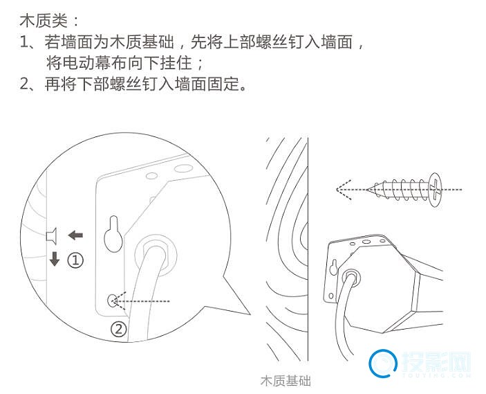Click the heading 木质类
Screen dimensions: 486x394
pyautogui.click(x=44, y=21)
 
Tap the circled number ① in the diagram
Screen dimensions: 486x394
pyautogui.click(x=75, y=260)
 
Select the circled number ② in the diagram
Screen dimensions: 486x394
pyautogui.click(x=119, y=329)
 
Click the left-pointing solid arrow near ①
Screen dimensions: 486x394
pyautogui.click(x=75, y=235)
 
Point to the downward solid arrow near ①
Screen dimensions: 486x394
pyautogui.click(x=55, y=259)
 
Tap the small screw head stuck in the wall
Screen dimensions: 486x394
pyautogui.click(x=51, y=235)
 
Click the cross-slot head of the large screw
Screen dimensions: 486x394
pyautogui.click(x=435, y=190)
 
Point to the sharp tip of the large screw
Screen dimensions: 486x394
pyautogui.click(x=367, y=189)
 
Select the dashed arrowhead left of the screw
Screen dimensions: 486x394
pyautogui.click(x=344, y=190)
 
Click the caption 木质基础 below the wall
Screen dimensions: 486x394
pyautogui.click(x=286, y=381)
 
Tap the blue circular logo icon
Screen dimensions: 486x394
pyautogui.click(x=384, y=364)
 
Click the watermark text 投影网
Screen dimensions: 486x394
pyautogui.click(x=436, y=362)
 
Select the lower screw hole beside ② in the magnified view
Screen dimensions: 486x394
pyautogui.click(x=112, y=301)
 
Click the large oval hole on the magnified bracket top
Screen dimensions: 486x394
pyautogui.click(x=183, y=168)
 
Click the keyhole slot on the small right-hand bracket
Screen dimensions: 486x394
pyautogui.click(x=333, y=267)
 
